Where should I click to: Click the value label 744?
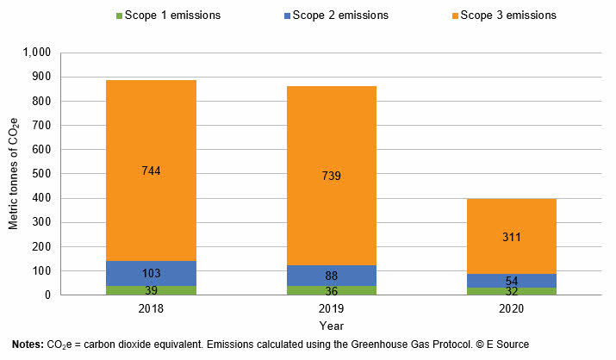(x=152, y=171)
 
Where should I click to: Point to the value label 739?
(x=331, y=176)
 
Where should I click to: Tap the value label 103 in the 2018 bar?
(x=152, y=273)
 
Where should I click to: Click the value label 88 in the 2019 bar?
(x=331, y=276)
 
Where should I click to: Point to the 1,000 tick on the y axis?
(x=37, y=53)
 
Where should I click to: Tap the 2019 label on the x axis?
(x=331, y=307)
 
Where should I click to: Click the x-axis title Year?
(x=331, y=326)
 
